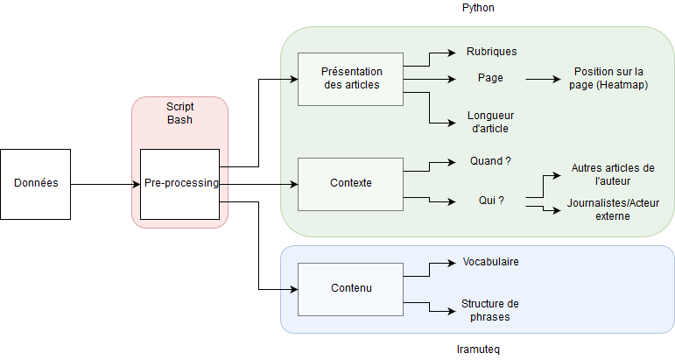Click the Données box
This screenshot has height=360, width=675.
click(35, 183)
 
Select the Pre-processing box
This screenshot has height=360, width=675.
click(179, 183)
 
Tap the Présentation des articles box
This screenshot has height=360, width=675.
click(350, 79)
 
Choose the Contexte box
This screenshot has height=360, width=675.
click(350, 183)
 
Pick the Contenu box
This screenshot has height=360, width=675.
click(350, 288)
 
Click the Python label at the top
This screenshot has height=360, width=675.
click(479, 8)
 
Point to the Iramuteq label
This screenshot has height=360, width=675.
click(479, 349)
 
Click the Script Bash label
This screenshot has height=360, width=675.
click(179, 112)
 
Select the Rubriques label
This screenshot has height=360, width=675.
click(491, 52)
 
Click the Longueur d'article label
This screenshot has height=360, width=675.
click(491, 122)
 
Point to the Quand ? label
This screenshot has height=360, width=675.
click(491, 162)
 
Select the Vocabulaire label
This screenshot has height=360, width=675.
click(490, 262)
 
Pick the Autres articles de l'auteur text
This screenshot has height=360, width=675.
click(612, 173)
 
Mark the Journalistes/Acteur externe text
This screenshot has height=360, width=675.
click(612, 209)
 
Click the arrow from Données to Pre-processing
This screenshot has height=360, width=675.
click(105, 184)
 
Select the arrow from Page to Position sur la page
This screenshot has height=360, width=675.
click(543, 79)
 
